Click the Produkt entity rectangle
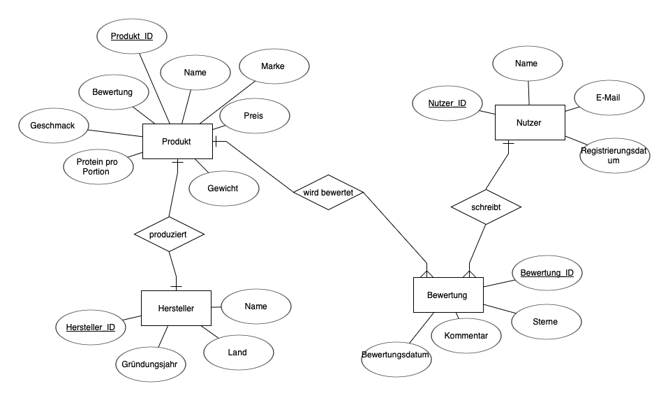coord(177,142)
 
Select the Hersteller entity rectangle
coord(176,308)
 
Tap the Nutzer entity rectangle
coord(530,122)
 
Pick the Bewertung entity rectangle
coord(448,295)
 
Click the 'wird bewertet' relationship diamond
coord(329,192)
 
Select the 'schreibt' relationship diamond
coord(486,207)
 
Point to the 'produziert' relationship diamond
coord(169,234)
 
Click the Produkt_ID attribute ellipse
coord(132,36)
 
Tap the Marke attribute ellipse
coord(274,66)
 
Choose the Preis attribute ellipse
coord(255,116)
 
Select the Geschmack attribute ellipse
coord(54,126)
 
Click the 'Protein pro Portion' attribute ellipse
coord(98,167)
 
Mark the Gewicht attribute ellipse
coord(224,188)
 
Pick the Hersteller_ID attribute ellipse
coord(91,327)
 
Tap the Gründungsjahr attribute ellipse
coord(151,364)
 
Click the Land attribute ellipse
coord(239,353)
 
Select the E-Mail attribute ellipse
coord(609,98)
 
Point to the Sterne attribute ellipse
coord(547,322)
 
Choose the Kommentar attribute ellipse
coord(466,336)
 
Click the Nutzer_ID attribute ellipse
coord(447,103)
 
